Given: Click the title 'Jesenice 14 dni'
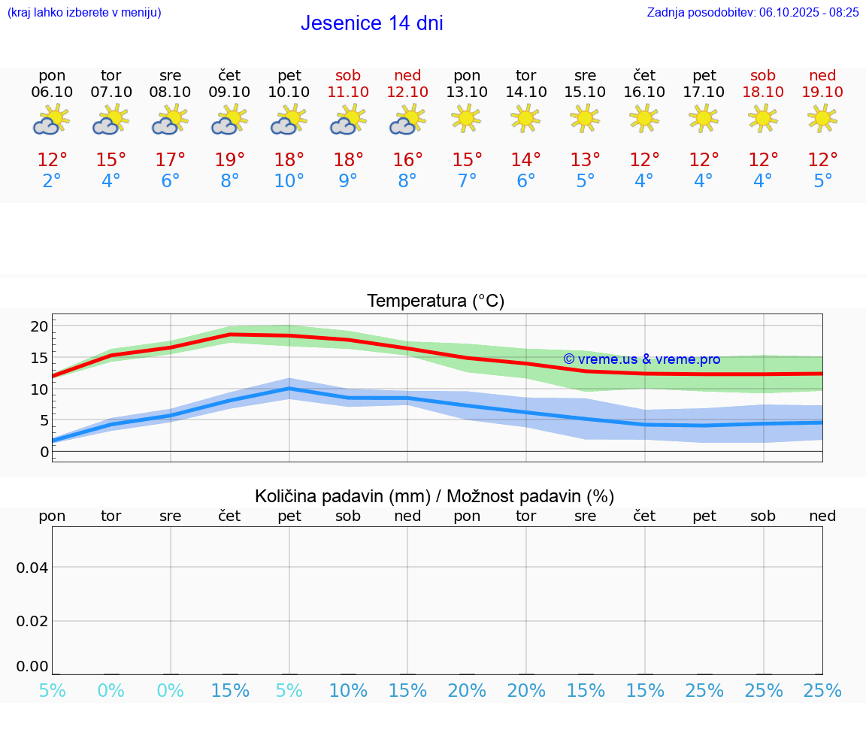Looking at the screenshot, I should click(x=371, y=23).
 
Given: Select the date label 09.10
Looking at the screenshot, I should click(x=230, y=92).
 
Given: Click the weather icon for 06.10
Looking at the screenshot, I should click(x=51, y=120).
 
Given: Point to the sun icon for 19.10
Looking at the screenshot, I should click(x=822, y=118).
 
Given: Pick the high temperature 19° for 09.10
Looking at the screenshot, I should click(x=230, y=160).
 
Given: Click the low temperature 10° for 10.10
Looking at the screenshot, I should click(x=289, y=181).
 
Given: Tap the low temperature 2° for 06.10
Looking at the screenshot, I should click(x=52, y=181).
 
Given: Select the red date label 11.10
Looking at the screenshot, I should click(x=348, y=92).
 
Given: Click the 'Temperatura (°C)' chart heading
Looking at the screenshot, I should click(x=435, y=301).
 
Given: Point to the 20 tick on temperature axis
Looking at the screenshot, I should click(x=39, y=326).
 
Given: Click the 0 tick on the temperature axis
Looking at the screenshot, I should click(x=44, y=452).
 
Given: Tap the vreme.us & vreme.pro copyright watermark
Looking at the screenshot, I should click(x=641, y=359).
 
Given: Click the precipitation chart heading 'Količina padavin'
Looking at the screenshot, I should click(x=435, y=496).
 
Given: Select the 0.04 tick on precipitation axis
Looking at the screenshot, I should click(x=32, y=568).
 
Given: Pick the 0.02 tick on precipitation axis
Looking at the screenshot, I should click(x=32, y=621).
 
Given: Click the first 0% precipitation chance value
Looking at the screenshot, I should click(x=111, y=691).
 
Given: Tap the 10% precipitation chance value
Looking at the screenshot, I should click(x=348, y=691).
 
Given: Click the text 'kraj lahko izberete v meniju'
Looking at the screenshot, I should click(x=84, y=12).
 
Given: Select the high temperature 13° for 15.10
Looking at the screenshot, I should click(x=585, y=160).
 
